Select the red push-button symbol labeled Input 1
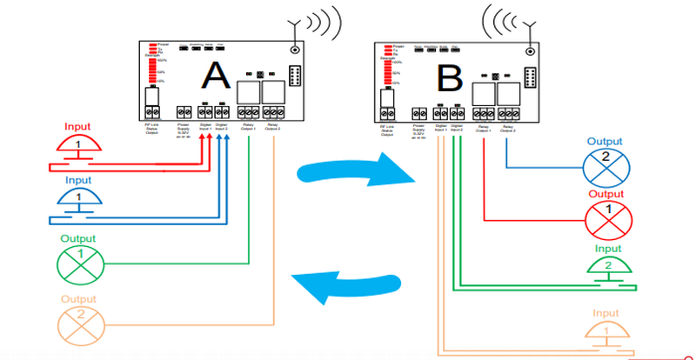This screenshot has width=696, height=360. click(78, 146)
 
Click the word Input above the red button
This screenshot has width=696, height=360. click(78, 127)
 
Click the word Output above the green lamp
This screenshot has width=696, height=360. click(79, 237)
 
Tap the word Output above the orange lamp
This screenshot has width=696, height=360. click(78, 301)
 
